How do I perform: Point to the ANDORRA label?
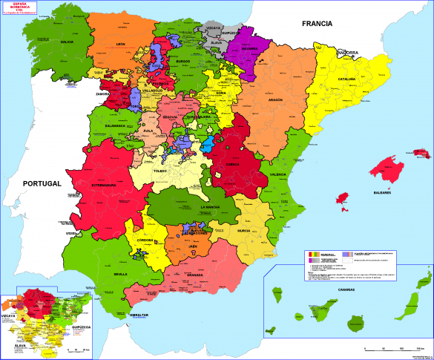click(x=347, y=53)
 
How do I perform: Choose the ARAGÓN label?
click(x=275, y=99)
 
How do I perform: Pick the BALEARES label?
click(x=382, y=192)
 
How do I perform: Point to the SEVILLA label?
click(x=121, y=273)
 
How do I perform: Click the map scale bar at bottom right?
click(x=389, y=348)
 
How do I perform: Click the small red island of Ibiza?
click(x=342, y=199)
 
